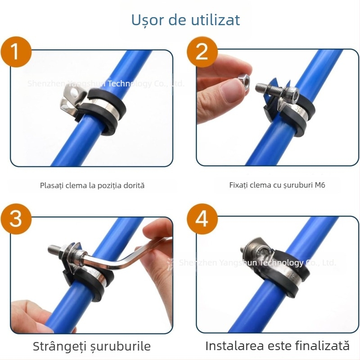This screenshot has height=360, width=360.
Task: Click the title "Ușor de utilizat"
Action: [x=185, y=20]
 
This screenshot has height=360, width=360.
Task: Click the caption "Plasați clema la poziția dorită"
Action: [x=92, y=185]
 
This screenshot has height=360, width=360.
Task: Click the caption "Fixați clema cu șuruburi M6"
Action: [x=277, y=185]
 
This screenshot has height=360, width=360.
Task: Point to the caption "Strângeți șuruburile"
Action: [x=92, y=346]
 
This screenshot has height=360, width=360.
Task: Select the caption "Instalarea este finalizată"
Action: [x=277, y=346]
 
